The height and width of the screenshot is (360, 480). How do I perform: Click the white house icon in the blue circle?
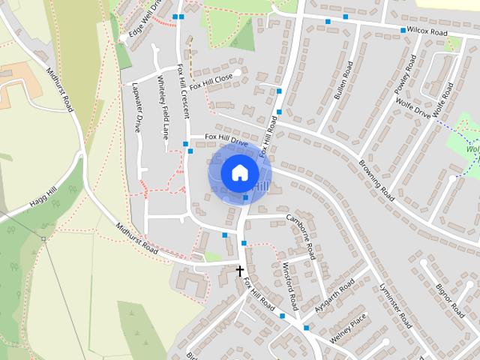pyautogui.click(x=238, y=172)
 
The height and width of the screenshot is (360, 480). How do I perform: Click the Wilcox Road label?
pyautogui.click(x=428, y=32)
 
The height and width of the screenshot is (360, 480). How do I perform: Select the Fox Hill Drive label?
pyautogui.click(x=228, y=140)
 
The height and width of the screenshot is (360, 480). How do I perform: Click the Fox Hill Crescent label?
pyautogui.click(x=183, y=91)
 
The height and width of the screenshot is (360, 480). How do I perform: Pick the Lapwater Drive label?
pyautogui.click(x=137, y=106)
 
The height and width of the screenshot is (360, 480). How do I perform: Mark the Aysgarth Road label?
pyautogui.click(x=335, y=297)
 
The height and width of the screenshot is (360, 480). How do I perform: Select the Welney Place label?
pyautogui.click(x=347, y=331)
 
